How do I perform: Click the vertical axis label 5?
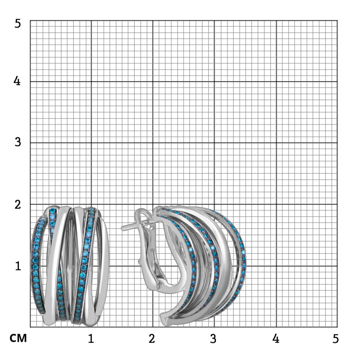(18, 23)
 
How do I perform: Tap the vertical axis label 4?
(17, 81)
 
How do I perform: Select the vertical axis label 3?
(18, 142)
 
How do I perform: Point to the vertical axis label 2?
(18, 204)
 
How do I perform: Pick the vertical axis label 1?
(18, 266)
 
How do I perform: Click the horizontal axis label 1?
(91, 338)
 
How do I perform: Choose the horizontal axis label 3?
(213, 338)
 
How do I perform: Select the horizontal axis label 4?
(276, 338)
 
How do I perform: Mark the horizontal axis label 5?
(336, 338)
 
